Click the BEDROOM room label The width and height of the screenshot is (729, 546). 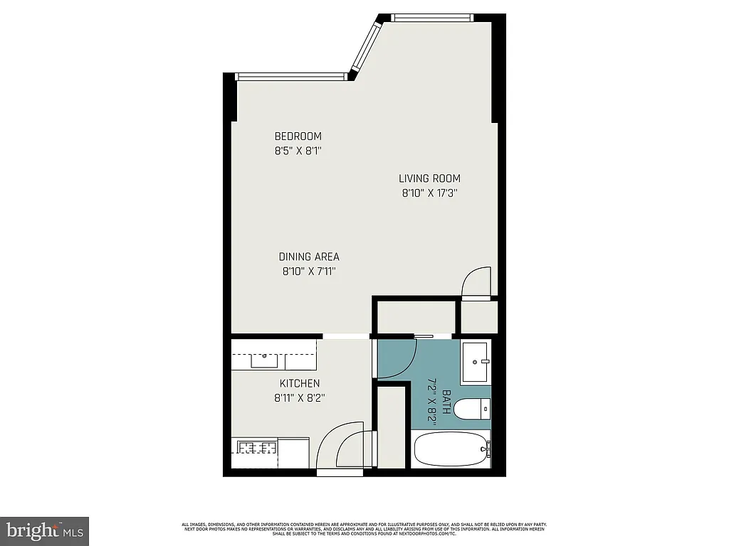[298, 136]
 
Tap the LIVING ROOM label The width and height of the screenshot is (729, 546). [429, 178]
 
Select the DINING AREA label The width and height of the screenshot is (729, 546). [308, 257]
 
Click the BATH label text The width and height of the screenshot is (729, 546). [446, 402]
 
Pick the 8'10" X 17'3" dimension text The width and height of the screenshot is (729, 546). [429, 192]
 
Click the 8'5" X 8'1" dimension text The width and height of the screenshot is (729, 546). [298, 150]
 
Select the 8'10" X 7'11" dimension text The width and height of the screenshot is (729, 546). [308, 270]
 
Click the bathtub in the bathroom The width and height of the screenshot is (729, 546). [451, 449]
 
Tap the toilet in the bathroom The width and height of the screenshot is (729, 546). [471, 409]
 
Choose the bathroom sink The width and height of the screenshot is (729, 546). [475, 362]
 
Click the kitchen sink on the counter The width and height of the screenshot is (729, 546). [265, 359]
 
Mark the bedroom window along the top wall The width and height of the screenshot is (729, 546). [291, 76]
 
